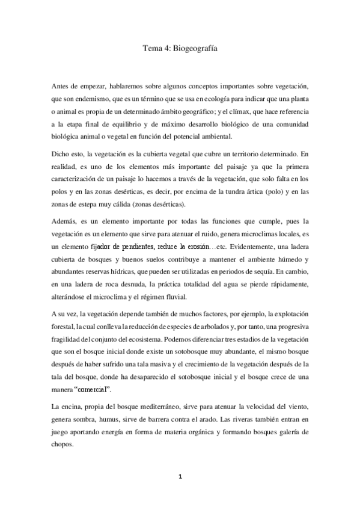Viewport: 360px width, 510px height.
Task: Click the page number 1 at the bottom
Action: click(x=180, y=478)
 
